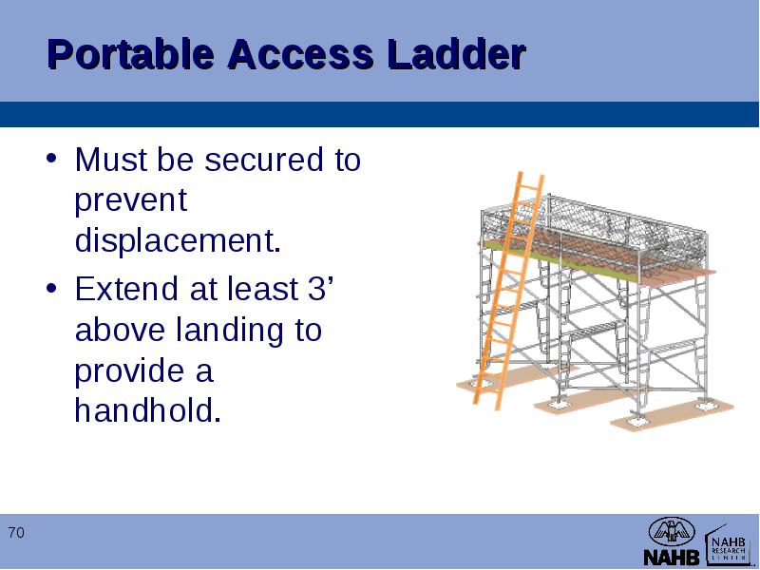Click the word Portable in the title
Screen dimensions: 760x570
pyautogui.click(x=131, y=54)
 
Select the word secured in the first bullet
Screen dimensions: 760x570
pyautogui.click(x=264, y=159)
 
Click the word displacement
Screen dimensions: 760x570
pyautogui.click(x=178, y=240)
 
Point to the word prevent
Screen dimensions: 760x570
pyautogui.click(x=131, y=199)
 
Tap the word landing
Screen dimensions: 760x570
pyautogui.click(x=229, y=330)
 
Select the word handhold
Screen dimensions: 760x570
pyautogui.click(x=148, y=410)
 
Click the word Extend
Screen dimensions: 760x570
pyautogui.click(x=126, y=289)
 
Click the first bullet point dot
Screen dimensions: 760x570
pyautogui.click(x=51, y=158)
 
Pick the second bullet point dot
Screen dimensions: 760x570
pyautogui.click(x=51, y=288)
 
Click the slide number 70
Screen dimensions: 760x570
pyautogui.click(x=16, y=533)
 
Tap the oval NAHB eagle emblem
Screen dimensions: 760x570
pyautogui.click(x=672, y=532)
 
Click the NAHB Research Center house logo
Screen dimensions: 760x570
pyautogui.click(x=728, y=544)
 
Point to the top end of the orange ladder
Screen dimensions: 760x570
pyautogui.click(x=532, y=175)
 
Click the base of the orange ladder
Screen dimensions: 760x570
pyautogui.click(x=485, y=405)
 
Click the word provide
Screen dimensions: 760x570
pyautogui.click(x=129, y=370)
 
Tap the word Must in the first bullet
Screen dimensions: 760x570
pyautogui.click(x=111, y=159)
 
